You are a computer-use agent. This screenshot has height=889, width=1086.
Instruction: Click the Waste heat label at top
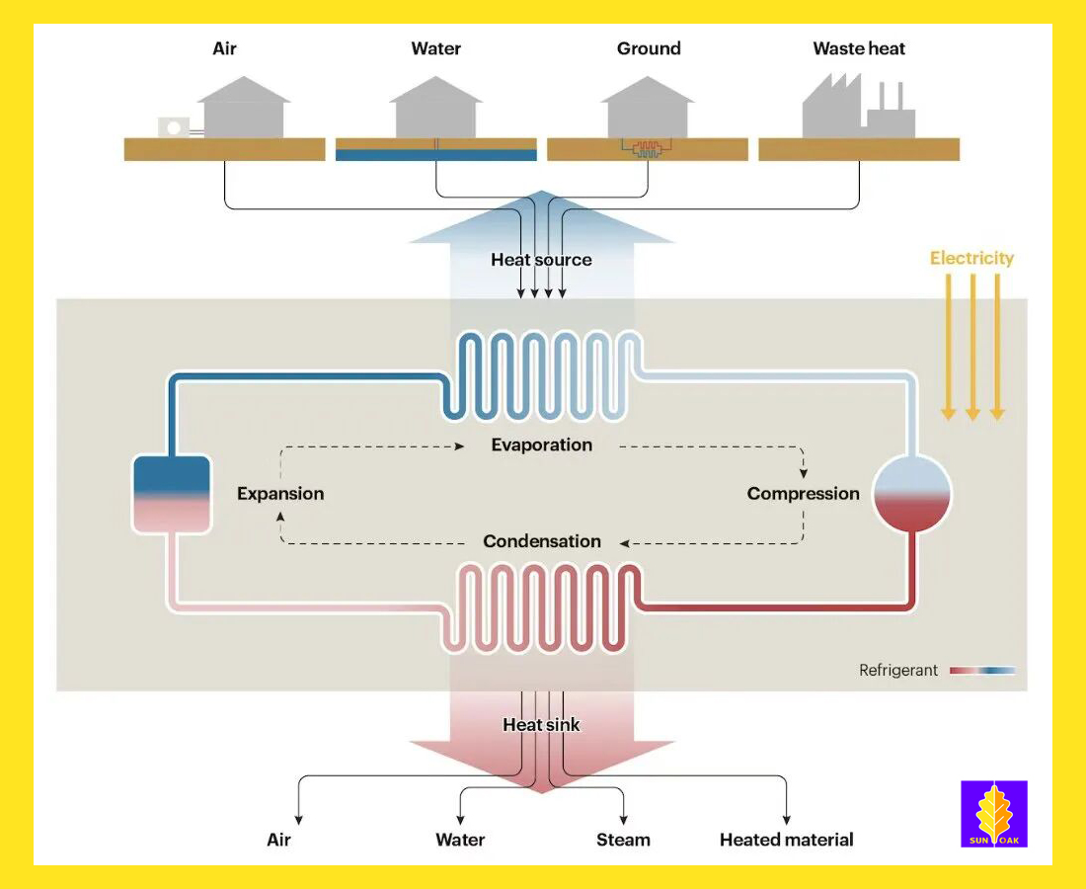tap(859, 48)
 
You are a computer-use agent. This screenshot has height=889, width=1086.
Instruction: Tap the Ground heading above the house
tap(649, 48)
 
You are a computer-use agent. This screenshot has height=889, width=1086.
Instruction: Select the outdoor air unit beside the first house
tap(175, 127)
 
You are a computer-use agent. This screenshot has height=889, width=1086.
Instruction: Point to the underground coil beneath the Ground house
tap(648, 149)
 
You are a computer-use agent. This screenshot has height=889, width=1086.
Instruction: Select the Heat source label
tap(541, 260)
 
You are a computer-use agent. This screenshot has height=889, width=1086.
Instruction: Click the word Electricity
tap(971, 259)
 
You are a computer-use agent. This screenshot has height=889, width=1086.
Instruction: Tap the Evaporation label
tap(542, 444)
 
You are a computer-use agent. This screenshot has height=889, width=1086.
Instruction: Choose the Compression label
tap(803, 494)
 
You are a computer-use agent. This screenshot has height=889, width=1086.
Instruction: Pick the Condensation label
tap(542, 541)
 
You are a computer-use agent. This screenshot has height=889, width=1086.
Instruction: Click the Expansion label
tap(280, 494)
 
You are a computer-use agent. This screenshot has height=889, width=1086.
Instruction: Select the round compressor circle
tap(912, 494)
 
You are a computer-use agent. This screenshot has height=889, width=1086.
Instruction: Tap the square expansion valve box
tap(171, 494)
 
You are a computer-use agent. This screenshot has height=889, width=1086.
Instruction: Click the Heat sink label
tap(541, 725)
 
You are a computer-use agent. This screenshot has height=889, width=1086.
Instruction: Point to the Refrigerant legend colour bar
tap(981, 671)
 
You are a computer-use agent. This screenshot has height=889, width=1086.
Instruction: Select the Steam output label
tap(623, 841)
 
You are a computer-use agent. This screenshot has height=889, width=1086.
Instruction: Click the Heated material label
tap(786, 841)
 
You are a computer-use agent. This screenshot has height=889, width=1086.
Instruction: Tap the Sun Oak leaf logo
tap(993, 814)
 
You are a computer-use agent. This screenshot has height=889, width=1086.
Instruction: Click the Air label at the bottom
tap(279, 841)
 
